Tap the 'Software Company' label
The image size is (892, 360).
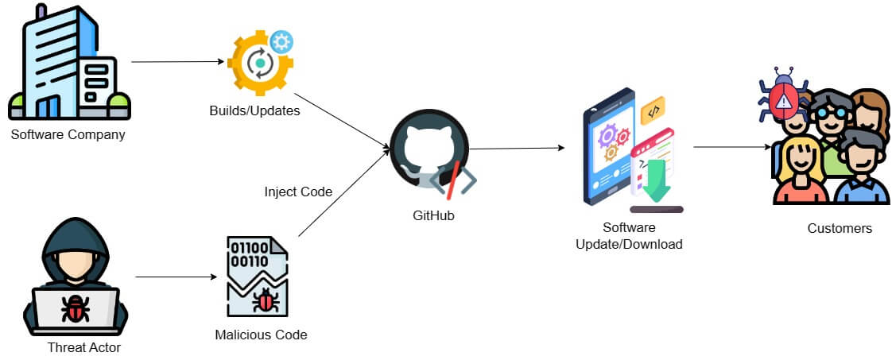68,134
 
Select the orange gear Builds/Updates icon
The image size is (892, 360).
259,63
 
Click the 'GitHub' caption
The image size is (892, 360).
433,215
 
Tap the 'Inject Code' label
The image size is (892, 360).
298,192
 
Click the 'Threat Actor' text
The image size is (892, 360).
84,346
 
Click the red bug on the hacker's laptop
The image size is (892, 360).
76,309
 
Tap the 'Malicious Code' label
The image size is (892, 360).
261,335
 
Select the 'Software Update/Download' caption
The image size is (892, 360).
629,236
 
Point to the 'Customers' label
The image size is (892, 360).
840,228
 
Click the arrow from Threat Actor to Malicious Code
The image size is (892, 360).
176,277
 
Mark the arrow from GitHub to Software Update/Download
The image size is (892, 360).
517,148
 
